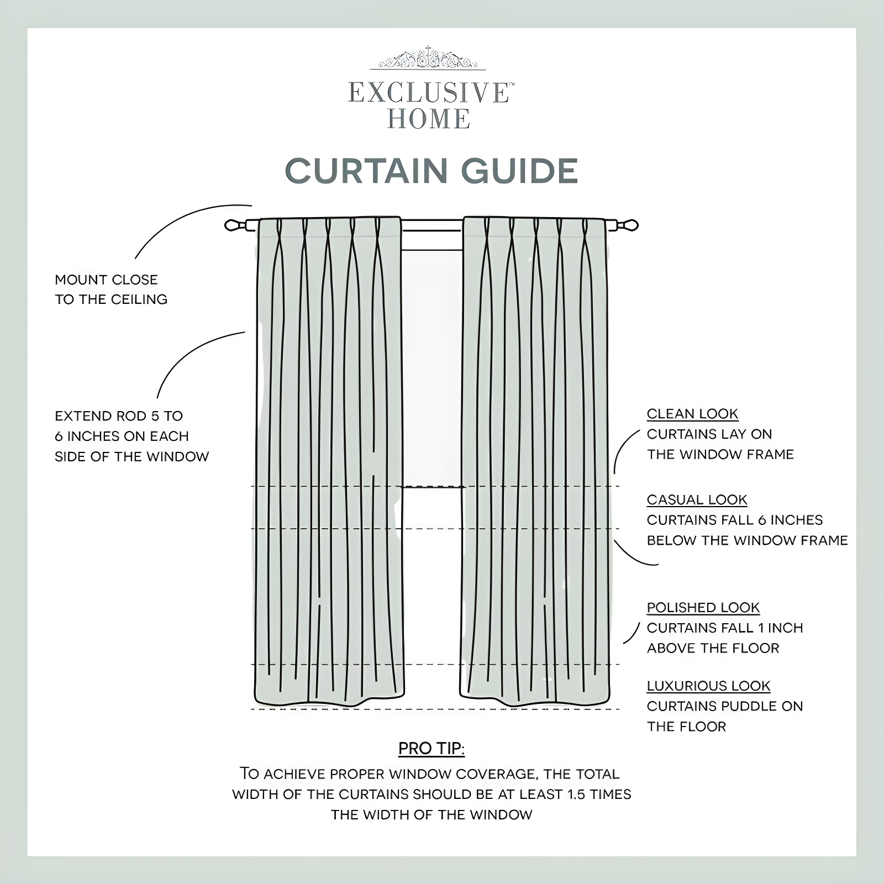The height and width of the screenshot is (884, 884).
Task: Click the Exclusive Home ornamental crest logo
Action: [x=428, y=59]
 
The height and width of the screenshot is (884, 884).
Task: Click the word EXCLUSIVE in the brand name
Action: [x=428, y=93]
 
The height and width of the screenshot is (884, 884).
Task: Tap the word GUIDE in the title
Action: [x=519, y=171]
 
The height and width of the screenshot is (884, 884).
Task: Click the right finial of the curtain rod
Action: [x=628, y=225]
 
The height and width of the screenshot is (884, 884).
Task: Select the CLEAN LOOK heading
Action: [x=692, y=414]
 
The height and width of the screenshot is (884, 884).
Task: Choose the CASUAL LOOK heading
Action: [x=697, y=499]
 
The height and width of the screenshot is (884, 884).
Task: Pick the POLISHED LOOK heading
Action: [x=703, y=607]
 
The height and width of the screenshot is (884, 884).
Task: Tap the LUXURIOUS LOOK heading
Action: [x=708, y=686]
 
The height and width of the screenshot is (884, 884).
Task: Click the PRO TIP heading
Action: [x=432, y=749]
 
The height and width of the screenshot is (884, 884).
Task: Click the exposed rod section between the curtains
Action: [x=432, y=225]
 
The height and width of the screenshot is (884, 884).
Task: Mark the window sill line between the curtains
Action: [x=432, y=487]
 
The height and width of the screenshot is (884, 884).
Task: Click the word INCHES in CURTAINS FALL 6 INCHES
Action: [x=796, y=520]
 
